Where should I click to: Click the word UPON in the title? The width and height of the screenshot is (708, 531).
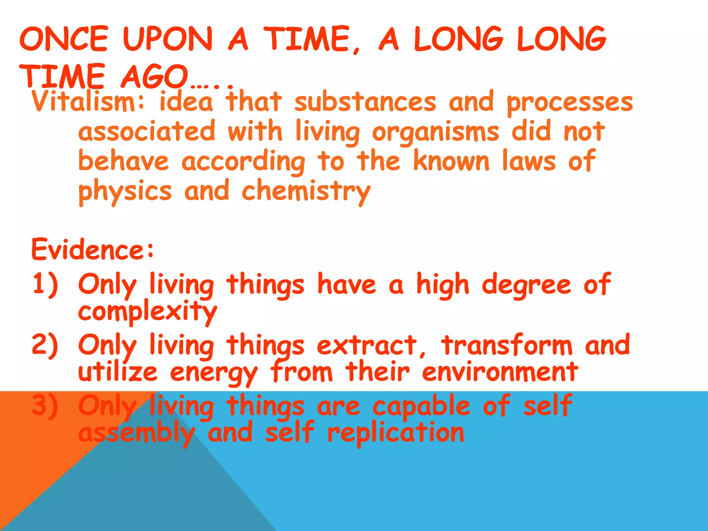pos(167,39)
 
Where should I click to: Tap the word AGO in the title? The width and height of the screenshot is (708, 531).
pos(154,77)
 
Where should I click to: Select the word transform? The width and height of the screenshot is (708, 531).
pos(507,345)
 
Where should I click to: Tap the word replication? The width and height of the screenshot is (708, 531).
pos(396,434)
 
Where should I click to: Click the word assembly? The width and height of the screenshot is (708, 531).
pos(137,434)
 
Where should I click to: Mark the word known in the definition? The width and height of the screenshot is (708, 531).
pos(451,161)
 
